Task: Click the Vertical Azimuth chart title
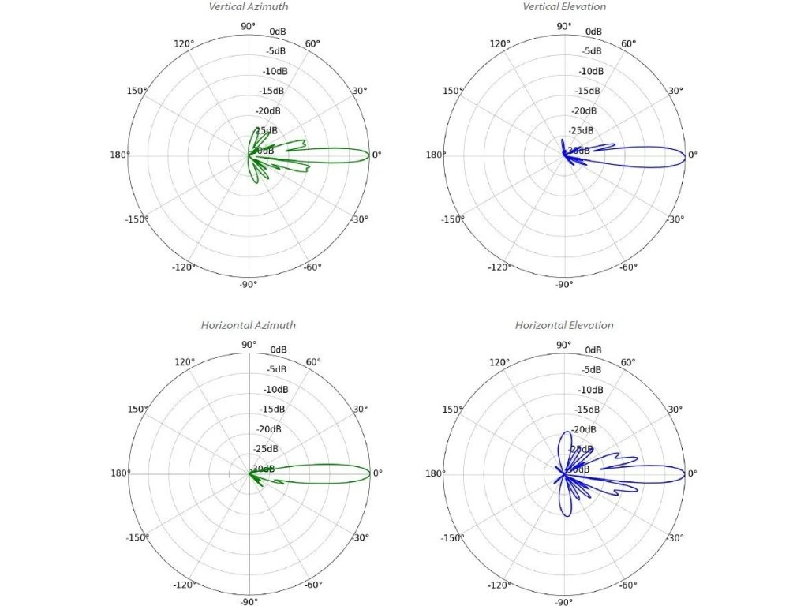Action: tap(248, 7)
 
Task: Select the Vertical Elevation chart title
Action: tap(564, 7)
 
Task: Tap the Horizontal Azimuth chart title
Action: tap(248, 325)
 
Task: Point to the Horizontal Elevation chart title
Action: tap(564, 325)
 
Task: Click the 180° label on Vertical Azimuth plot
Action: tap(119, 155)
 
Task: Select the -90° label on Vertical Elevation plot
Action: tap(564, 285)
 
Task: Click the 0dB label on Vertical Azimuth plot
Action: tap(278, 32)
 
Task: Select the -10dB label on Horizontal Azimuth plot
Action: tap(274, 389)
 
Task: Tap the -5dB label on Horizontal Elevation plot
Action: tap(591, 369)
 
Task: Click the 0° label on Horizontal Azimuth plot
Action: tap(377, 473)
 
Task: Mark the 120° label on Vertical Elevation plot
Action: tap(500, 43)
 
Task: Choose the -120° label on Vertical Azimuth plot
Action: tap(183, 267)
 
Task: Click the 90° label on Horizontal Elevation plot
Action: tap(564, 345)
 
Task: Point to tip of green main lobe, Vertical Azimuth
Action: tap(370, 155)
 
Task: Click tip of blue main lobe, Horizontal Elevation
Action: tap(685, 473)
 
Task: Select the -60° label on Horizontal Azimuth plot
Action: tap(313, 585)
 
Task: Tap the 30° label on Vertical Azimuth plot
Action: tap(360, 91)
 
